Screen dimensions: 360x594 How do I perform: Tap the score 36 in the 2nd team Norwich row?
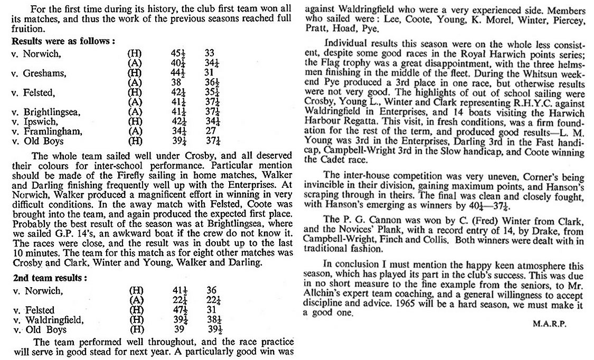(212, 290)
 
